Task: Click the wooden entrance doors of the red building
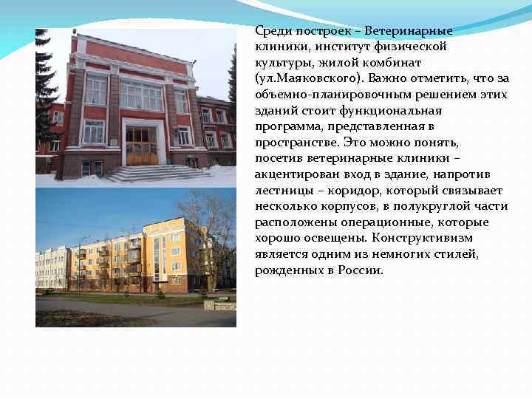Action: [141, 146]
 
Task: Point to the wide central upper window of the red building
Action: [140, 95]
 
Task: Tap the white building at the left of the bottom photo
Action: [52, 267]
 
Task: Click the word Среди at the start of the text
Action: [273, 31]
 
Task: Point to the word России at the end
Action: [361, 270]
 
